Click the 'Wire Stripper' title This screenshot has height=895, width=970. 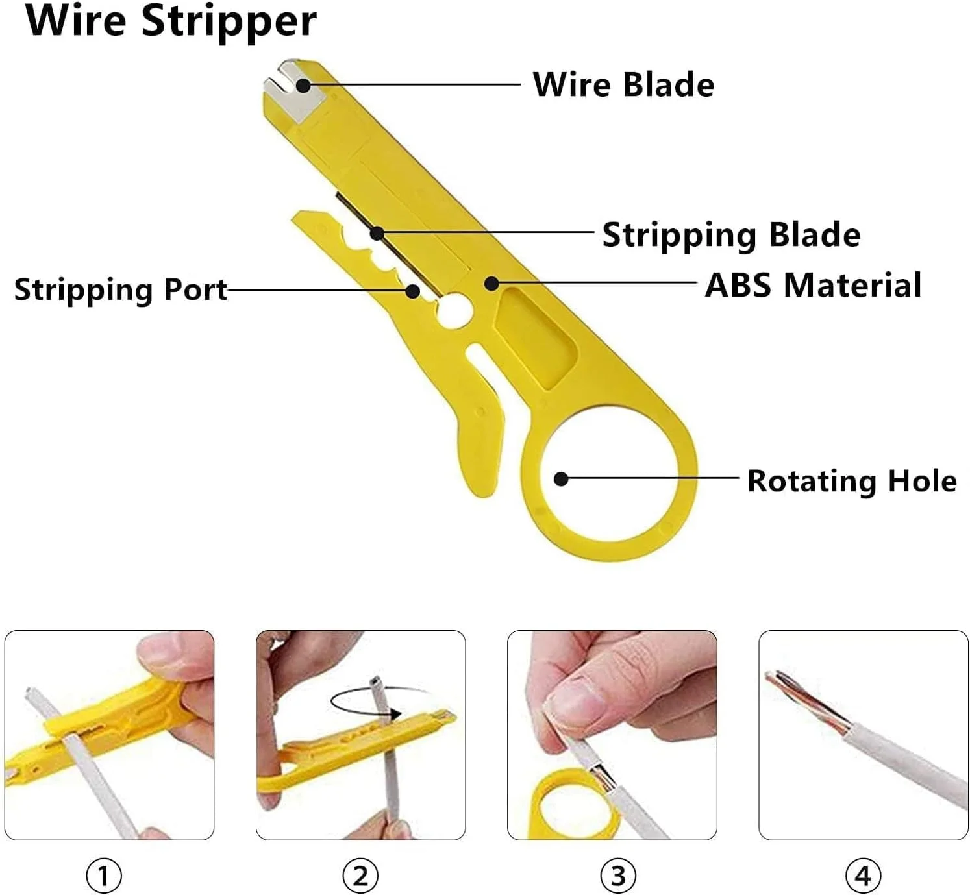pyautogui.click(x=171, y=21)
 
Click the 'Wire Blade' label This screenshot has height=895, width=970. pyautogui.click(x=623, y=85)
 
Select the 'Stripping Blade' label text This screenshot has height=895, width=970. pyautogui.click(x=731, y=234)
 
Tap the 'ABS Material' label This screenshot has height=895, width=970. pyautogui.click(x=813, y=285)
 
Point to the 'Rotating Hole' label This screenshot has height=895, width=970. pyautogui.click(x=852, y=481)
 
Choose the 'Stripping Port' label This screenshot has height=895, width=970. pyautogui.click(x=121, y=289)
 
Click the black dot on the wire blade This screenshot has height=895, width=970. pyautogui.click(x=303, y=85)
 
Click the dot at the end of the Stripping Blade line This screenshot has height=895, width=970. pyautogui.click(x=377, y=232)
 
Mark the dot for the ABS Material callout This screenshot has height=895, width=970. pyautogui.click(x=491, y=283)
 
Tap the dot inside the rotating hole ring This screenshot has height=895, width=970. pyautogui.click(x=561, y=479)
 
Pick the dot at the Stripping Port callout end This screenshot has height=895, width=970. pyautogui.click(x=412, y=290)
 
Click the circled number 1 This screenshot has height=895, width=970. pyautogui.click(x=104, y=876)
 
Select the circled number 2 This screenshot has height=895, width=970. pyautogui.click(x=360, y=876)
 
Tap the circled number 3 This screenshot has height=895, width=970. pyautogui.click(x=618, y=876)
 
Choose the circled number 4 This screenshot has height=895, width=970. pyautogui.click(x=863, y=876)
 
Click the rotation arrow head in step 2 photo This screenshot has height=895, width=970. pyautogui.click(x=395, y=714)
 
